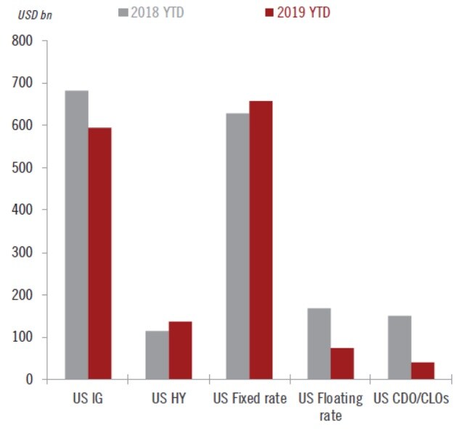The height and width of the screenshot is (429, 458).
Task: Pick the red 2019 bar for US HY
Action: pyautogui.click(x=180, y=350)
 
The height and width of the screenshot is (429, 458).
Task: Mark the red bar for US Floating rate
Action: pyautogui.click(x=342, y=364)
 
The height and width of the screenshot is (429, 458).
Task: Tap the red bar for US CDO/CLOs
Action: pyautogui.click(x=422, y=370)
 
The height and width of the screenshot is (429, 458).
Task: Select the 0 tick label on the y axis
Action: pyautogui.click(x=29, y=379)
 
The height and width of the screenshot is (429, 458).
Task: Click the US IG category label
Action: pyautogui.click(x=89, y=399)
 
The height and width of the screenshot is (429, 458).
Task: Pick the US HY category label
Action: pyautogui.click(x=169, y=399)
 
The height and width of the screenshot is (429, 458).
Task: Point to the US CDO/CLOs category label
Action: pyautogui.click(x=411, y=399)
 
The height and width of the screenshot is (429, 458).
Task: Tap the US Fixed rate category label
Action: pyautogui.click(x=250, y=399)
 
